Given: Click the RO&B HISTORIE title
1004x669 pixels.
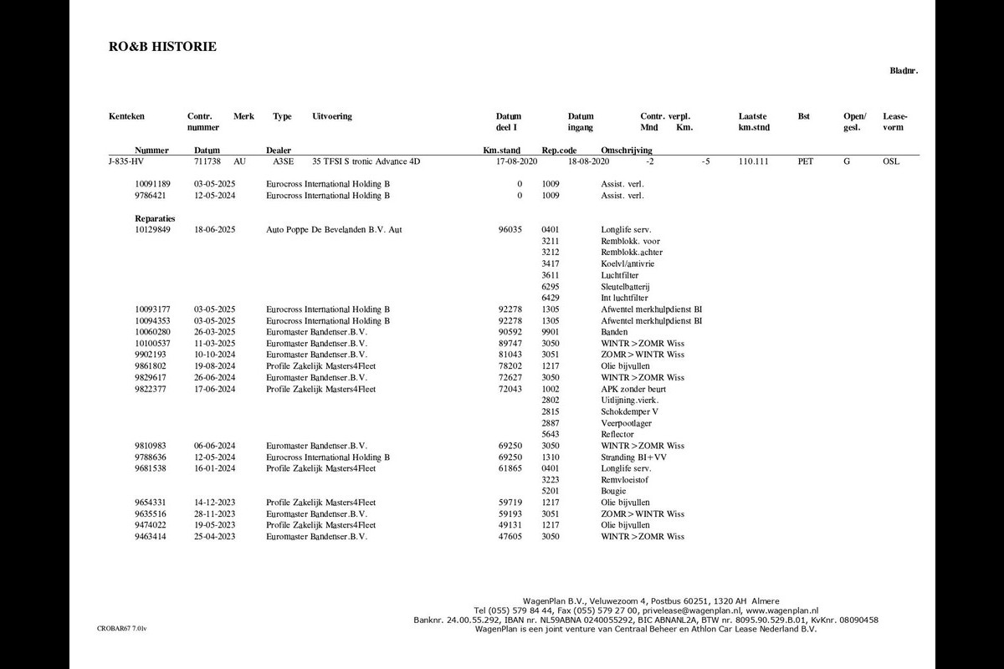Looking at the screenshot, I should click(162, 47).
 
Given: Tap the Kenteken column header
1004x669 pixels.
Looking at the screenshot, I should click(126, 117).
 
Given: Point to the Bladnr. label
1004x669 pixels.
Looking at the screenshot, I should click(904, 71).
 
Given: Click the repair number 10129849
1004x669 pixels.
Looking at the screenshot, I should click(153, 230).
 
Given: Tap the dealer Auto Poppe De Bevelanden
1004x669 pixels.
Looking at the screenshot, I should click(333, 230).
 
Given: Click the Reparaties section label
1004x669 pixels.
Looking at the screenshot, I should click(155, 218).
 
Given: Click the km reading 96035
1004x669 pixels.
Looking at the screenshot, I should click(510, 230).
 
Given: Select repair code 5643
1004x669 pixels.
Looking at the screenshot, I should click(550, 435).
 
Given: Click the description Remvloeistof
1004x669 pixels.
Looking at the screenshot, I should click(624, 480).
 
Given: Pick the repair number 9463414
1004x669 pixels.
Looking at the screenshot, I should click(153, 537).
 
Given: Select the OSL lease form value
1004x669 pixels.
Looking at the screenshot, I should click(891, 161).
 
